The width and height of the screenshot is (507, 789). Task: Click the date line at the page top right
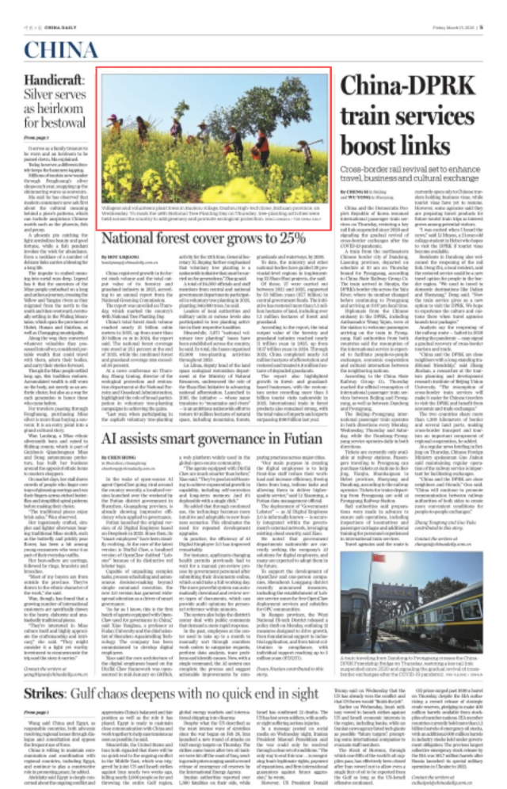pos(468,7)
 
